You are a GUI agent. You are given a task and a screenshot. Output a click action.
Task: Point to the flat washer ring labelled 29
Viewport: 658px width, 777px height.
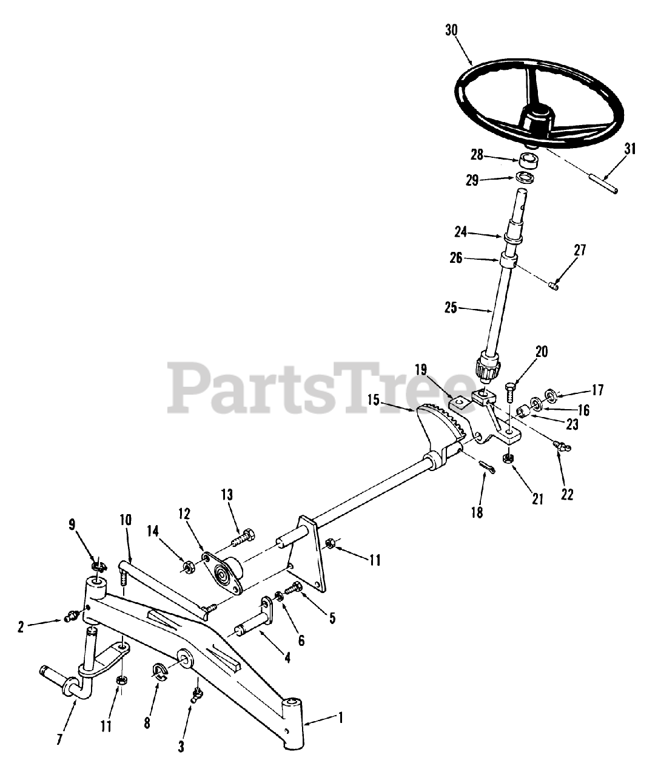[525, 178]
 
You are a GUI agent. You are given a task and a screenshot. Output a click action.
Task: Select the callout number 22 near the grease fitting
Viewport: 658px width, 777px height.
[566, 495]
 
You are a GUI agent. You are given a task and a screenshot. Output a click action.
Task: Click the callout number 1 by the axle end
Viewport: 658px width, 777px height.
[340, 717]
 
